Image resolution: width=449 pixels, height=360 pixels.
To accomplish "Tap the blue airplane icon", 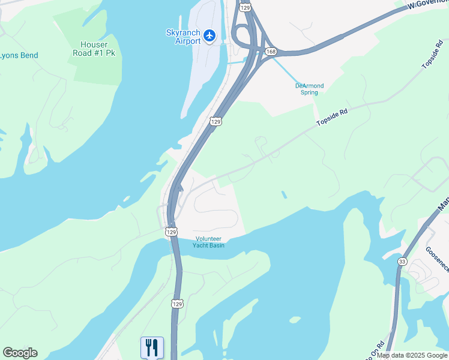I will point(209,36).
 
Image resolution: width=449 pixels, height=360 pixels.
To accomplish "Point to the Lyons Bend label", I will point(19,56).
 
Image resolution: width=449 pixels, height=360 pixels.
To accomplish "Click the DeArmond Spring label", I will point(309,89).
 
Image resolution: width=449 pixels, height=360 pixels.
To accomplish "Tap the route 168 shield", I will point(271,52).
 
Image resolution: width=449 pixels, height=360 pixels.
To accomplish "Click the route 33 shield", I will point(402,261).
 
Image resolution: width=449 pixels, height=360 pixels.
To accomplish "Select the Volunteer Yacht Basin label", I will point(209,241).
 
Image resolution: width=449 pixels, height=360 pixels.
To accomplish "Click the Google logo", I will point(20,353).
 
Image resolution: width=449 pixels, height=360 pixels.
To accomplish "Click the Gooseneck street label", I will point(436,257).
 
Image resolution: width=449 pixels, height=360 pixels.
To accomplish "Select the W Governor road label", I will point(427,5).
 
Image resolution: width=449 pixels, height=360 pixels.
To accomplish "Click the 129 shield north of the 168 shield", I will point(245,7).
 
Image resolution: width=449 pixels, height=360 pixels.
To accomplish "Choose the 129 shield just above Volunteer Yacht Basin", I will point(172,231).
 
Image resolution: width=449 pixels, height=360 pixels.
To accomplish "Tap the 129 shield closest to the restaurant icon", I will point(176,304).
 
